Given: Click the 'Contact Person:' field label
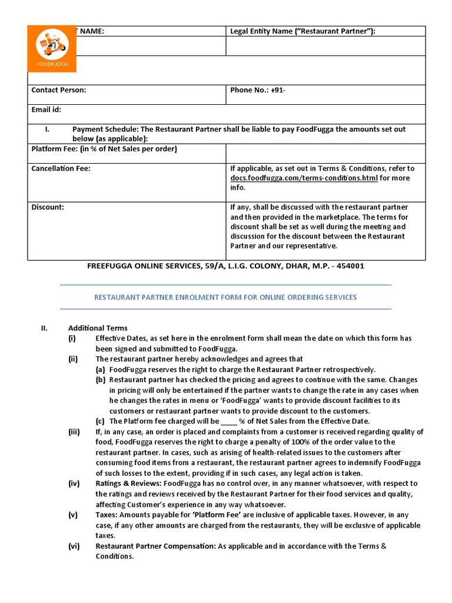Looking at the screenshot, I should click(58, 90).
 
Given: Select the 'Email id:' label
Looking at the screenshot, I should click(46, 110).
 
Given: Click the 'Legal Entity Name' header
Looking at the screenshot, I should click(302, 31).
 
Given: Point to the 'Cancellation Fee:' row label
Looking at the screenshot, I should click(61, 168).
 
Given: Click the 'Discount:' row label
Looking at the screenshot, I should click(48, 207).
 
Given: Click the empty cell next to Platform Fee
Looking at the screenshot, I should click(325, 153).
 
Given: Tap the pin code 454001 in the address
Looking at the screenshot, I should click(350, 266).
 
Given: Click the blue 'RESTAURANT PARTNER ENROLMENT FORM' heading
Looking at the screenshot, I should click(225, 297).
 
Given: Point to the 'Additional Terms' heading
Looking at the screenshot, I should click(98, 328).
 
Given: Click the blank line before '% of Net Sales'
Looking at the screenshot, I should click(228, 421).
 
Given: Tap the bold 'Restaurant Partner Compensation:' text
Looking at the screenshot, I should click(155, 546).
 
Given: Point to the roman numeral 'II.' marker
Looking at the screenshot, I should click(44, 328).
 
